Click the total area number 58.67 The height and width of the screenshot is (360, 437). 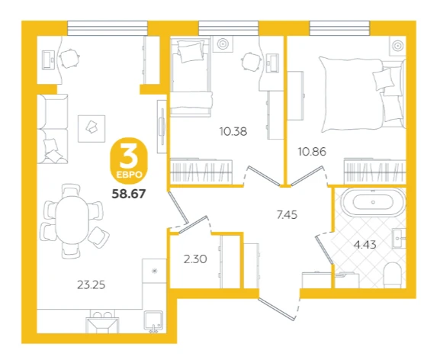pos(129,194)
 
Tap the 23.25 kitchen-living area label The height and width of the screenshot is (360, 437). pos(91,285)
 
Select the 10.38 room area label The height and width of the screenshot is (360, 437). pos(233,131)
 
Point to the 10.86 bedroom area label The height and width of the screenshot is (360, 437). pos(312,152)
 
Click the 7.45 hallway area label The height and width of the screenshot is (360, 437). pos(287,215)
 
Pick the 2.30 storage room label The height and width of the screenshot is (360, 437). pos(195,259)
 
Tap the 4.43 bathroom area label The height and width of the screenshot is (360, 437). pos(365,245)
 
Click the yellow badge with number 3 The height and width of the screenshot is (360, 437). pos(129,161)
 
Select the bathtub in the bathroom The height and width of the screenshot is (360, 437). pos(374,203)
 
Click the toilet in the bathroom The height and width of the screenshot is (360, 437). pos(393,275)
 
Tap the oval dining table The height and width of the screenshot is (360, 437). pos(72,220)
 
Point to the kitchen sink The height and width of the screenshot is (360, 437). pos(153,322)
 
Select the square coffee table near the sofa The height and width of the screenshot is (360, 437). pos(92,129)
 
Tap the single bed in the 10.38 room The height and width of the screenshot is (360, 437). pos(191,76)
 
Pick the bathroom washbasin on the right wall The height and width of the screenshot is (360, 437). pos(399,239)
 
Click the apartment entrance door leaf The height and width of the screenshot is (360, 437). pos(277,309)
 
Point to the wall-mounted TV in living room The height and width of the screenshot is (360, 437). pos(162,127)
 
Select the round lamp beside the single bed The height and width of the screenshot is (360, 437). pos(223,44)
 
